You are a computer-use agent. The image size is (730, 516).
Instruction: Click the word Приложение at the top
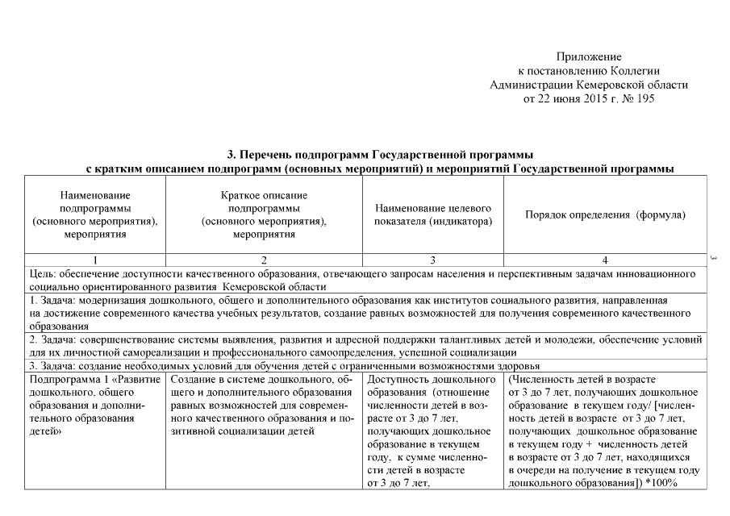tap(589, 57)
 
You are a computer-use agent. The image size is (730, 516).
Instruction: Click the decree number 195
tap(644, 98)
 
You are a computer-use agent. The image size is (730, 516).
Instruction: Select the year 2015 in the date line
tap(590, 98)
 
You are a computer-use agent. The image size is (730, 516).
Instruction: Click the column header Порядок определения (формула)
tap(605, 215)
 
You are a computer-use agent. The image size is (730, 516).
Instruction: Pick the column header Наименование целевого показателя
tap(433, 215)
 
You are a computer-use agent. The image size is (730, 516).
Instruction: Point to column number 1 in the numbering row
tap(95, 260)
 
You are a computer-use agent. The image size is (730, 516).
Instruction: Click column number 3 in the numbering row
tap(433, 260)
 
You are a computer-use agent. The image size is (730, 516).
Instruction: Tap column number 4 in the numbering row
tap(605, 260)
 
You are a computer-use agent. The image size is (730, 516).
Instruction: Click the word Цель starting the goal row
tap(40, 273)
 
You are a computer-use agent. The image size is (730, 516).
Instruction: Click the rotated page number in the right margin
tap(715, 259)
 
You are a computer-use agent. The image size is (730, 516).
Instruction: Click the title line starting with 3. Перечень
tap(379, 154)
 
